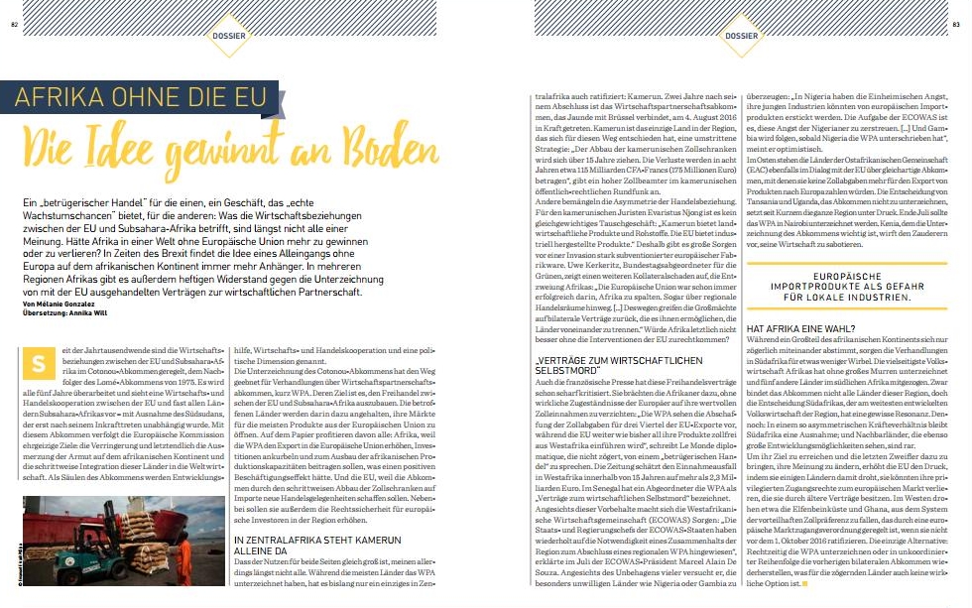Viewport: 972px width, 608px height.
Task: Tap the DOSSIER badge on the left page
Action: coord(229,37)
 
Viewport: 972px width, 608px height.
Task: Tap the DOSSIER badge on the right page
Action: coord(740,37)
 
